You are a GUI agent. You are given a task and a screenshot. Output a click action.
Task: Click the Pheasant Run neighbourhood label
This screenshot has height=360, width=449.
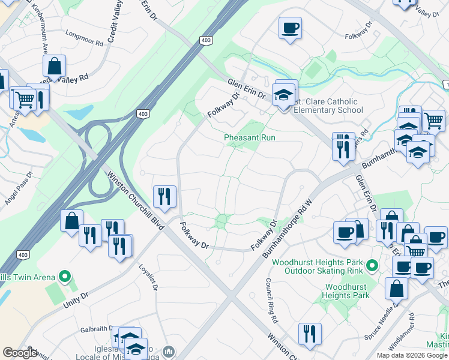click(249, 138)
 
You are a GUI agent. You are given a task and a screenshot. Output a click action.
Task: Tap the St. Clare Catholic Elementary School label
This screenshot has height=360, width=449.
click(327, 106)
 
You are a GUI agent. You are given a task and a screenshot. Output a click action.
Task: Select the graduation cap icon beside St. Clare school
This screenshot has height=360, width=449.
click(283, 94)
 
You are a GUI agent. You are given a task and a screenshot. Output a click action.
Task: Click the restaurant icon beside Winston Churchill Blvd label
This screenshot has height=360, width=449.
click(164, 196)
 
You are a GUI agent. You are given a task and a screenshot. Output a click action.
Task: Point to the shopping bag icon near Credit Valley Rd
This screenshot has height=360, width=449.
click(55, 67)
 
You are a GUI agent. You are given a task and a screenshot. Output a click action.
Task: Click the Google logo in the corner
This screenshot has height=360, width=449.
click(19, 353)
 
